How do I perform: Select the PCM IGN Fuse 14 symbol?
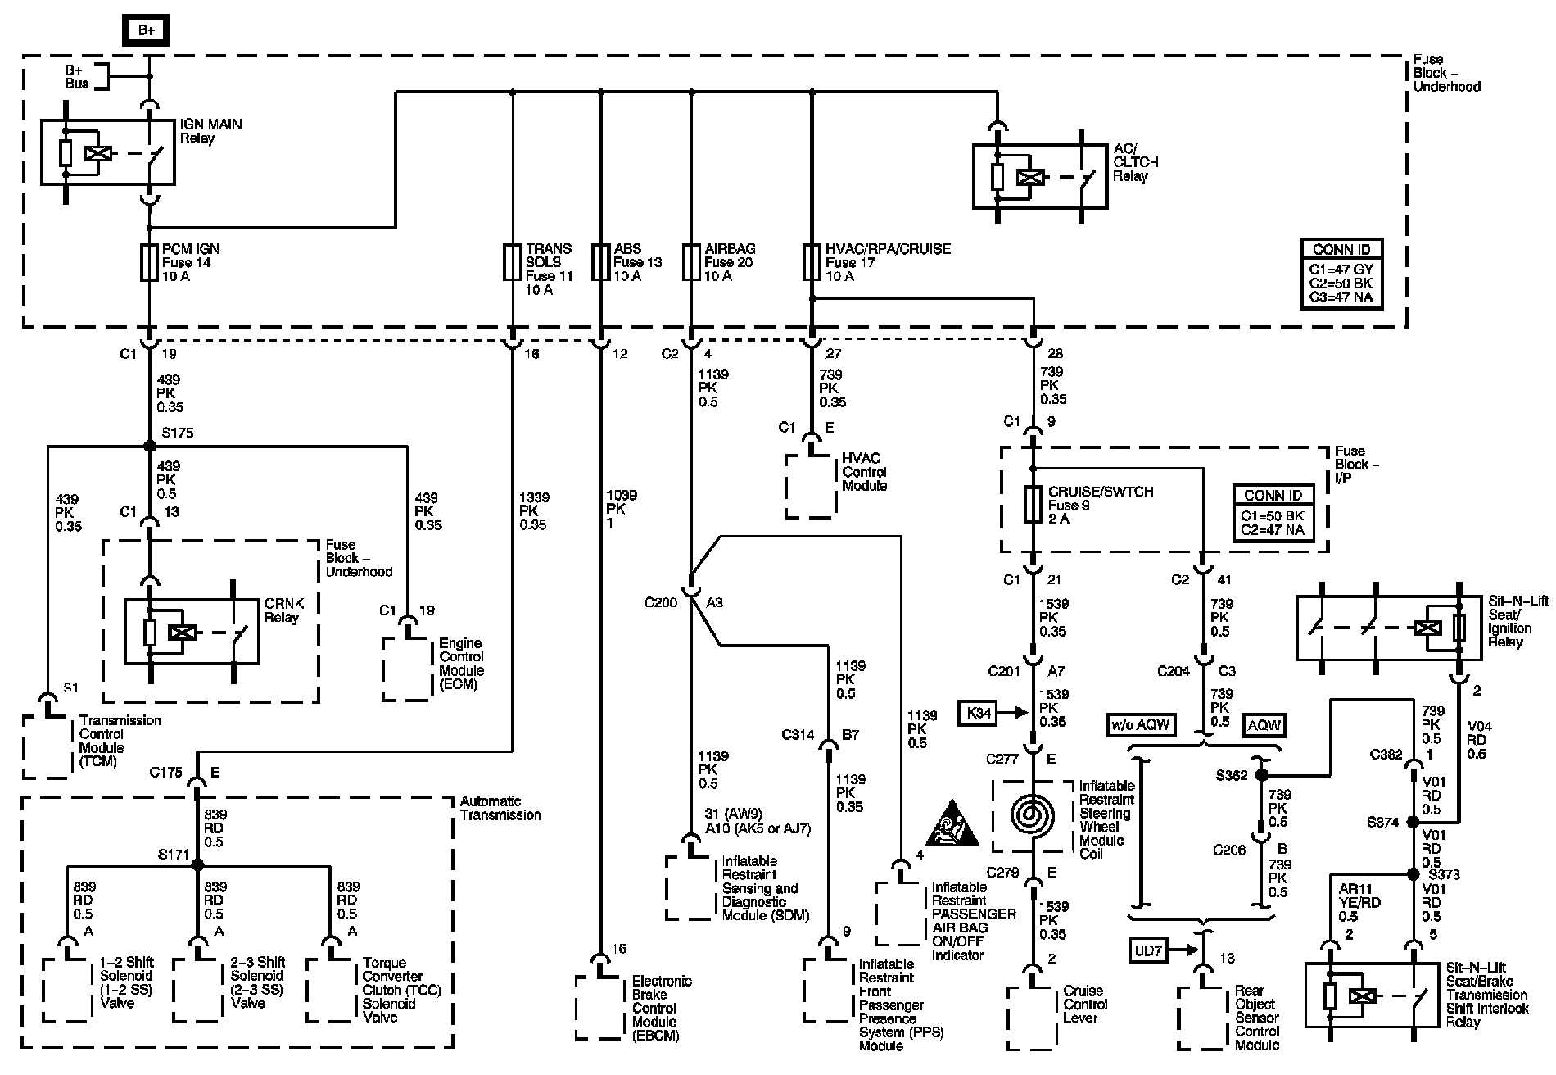[x=149, y=262]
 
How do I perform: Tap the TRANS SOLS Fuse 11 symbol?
[x=513, y=262]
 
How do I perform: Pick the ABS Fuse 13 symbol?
[x=601, y=262]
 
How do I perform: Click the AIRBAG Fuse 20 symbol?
[x=692, y=262]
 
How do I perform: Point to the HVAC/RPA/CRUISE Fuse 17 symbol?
[x=812, y=262]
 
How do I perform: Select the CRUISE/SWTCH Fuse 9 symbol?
[x=1034, y=505]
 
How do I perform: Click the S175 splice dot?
[x=149, y=446]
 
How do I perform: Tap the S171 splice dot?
[x=197, y=864]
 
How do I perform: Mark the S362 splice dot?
[x=1262, y=774]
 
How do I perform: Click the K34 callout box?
[x=979, y=713]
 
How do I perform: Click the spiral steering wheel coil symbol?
[x=1034, y=815]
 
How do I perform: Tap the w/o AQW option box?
[x=1141, y=724]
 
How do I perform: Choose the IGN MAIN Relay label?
[x=211, y=131]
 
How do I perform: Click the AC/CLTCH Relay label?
[x=1136, y=162]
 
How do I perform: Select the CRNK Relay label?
[x=283, y=610]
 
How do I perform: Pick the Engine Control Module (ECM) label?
[x=462, y=664]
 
